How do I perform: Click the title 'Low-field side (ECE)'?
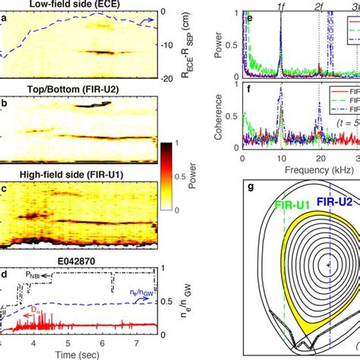click(x=79, y=5)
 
